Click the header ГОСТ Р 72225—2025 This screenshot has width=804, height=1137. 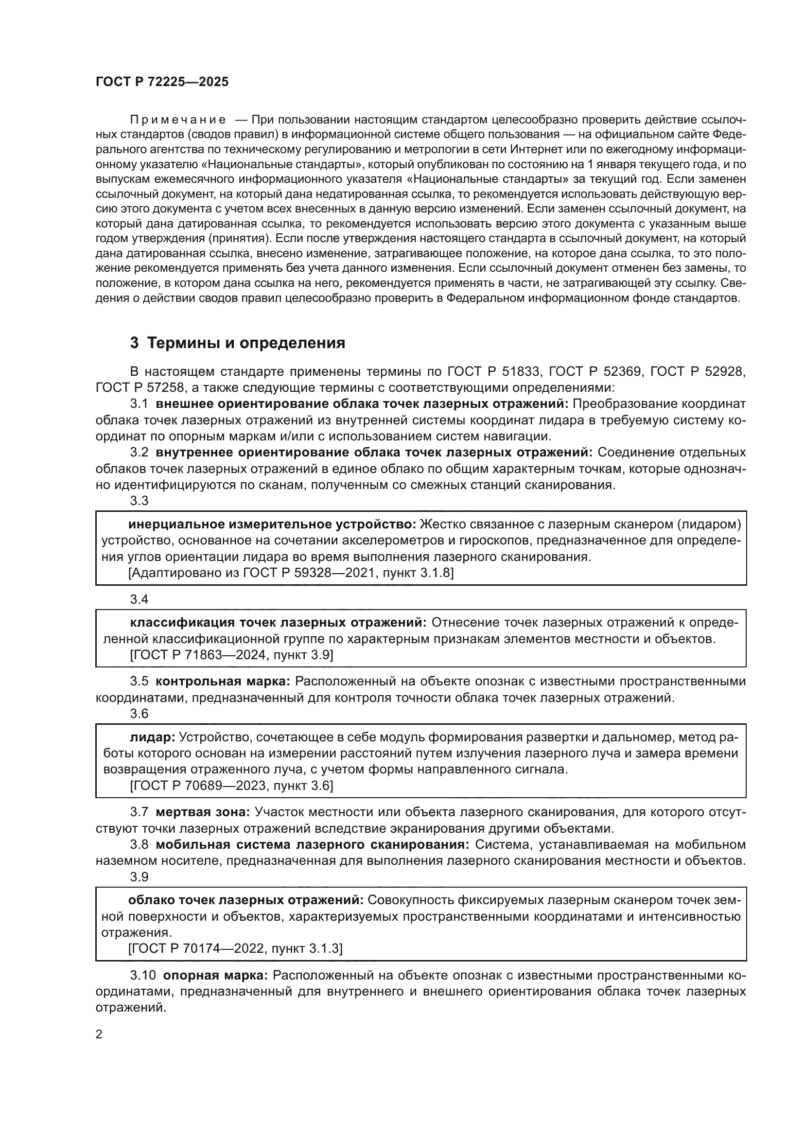(162, 82)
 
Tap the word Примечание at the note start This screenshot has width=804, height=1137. (178, 120)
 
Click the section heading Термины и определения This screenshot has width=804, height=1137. (238, 343)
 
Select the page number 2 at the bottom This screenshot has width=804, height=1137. (99, 1034)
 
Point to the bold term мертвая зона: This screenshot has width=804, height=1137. (203, 812)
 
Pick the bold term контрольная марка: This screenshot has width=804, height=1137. (223, 682)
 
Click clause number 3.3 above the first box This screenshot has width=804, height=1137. (139, 501)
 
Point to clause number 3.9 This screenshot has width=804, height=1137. (139, 877)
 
